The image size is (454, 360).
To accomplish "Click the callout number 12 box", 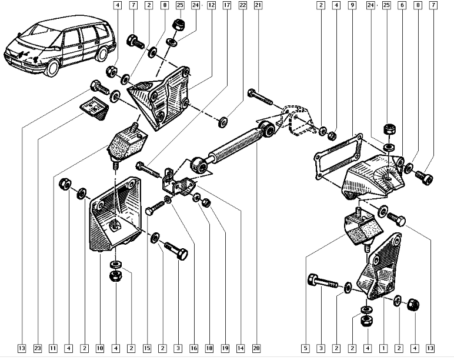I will pos(211,5).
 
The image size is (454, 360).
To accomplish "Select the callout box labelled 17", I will pos(226,5).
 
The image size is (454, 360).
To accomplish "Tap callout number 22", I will pos(242,5).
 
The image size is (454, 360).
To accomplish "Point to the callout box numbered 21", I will pos(258,5).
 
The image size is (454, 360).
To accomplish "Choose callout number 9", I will pos(352,5).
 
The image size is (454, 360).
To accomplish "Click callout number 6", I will pos(402,5).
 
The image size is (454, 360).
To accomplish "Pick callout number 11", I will pos(54,348).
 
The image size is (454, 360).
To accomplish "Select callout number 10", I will pos(100,348).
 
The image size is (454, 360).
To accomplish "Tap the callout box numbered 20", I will pos(256,348).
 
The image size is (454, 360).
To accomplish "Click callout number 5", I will pos(306,348).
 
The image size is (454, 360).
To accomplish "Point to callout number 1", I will pos(384,348).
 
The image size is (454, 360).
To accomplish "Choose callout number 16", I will pos(193,348).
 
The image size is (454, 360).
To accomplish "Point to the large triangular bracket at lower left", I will pos(112,218).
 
